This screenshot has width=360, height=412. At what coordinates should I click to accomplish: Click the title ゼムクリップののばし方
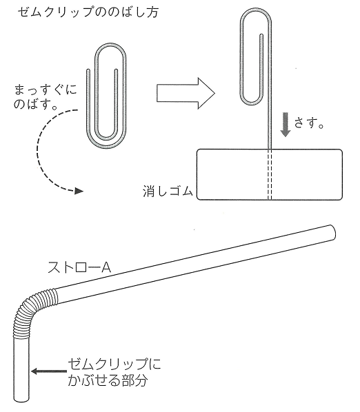88,12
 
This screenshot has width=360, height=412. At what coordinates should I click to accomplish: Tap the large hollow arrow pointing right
186,93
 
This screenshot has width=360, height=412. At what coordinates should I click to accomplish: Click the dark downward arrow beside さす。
286,125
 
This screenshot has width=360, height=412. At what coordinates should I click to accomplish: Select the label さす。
309,123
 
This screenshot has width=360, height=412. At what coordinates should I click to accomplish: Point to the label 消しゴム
168,191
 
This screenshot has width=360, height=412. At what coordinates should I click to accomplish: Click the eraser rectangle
270,174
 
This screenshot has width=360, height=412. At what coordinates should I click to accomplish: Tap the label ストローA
79,267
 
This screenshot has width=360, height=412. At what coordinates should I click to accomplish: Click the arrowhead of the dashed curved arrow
79,191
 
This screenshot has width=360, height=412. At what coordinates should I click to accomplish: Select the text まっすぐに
46,90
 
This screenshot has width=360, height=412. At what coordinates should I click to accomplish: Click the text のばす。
36,105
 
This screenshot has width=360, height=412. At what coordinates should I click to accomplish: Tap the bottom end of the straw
21,399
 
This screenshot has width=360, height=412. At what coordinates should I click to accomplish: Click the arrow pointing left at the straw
49,371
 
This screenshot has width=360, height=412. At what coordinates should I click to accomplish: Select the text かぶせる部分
108,380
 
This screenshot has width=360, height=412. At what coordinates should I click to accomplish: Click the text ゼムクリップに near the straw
114,364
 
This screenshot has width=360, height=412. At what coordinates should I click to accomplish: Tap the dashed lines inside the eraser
270,174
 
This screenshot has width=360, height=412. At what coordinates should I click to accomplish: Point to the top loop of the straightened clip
256,56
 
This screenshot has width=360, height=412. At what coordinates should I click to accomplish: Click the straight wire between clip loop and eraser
270,127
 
